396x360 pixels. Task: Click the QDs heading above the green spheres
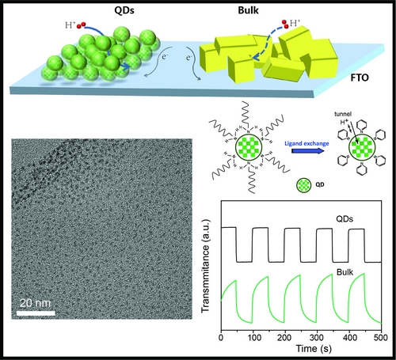[x=124, y=10]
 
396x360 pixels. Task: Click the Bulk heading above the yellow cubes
[x=248, y=10]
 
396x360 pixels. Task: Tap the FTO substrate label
[x=360, y=78]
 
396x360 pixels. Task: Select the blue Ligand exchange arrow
[x=308, y=151]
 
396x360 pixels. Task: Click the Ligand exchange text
[x=307, y=143]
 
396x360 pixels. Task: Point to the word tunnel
[x=343, y=114]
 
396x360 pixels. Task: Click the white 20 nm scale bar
[x=36, y=313]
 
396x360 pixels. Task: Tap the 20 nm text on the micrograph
[x=35, y=303]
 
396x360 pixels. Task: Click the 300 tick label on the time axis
[x=317, y=337]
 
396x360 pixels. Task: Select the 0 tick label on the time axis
[x=221, y=337]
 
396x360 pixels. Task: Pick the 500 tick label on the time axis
[x=380, y=337]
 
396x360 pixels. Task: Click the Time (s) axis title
[x=314, y=348]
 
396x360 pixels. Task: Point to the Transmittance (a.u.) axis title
[x=205, y=266]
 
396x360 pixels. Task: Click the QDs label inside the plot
[x=345, y=219]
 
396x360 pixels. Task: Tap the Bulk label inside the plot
[x=345, y=272]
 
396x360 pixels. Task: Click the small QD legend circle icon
[x=303, y=185]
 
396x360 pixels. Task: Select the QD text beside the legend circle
[x=320, y=184]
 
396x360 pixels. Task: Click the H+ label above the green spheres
[x=70, y=25]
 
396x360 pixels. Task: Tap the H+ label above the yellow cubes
[x=295, y=23]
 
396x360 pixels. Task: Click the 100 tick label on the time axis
[x=254, y=337]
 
